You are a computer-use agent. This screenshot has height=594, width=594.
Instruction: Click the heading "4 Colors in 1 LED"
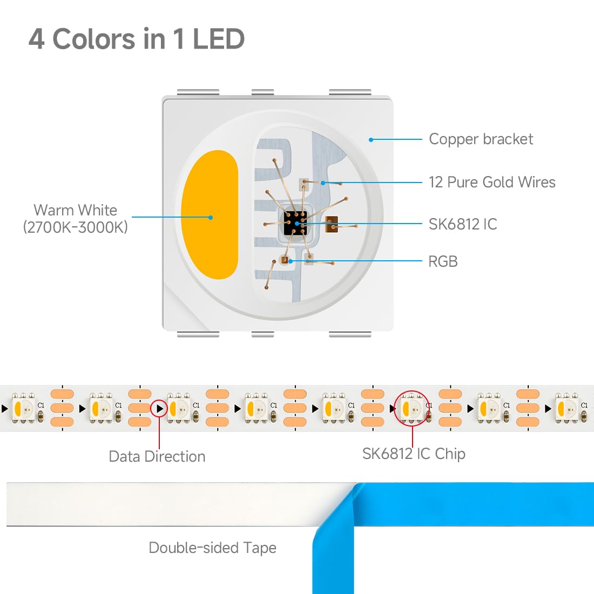pos(137,39)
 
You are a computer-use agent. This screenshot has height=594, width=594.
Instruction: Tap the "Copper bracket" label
pos(481,139)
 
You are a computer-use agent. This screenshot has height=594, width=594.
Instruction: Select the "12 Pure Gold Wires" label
pos(492,182)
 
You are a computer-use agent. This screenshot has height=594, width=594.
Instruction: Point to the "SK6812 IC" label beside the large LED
pos(463,224)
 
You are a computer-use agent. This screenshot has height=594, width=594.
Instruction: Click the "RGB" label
pos(443,261)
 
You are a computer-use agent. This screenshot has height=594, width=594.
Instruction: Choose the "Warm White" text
pos(76,210)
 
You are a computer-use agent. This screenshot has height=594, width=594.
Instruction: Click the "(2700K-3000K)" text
pos(76,227)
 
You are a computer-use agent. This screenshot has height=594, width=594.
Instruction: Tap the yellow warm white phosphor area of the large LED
pos(210,214)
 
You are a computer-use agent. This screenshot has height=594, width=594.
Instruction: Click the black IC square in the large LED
pos(295,222)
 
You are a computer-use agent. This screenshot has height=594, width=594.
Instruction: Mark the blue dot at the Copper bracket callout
pos(371,140)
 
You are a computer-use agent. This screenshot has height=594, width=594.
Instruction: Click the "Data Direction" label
pos(157,456)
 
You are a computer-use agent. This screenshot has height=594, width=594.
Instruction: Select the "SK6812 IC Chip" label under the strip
pos(414,454)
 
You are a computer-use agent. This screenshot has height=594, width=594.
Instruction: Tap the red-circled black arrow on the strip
pos(160,409)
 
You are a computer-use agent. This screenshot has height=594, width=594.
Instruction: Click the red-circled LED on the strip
pos(412,408)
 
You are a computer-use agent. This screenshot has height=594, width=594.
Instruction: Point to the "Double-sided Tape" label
pos(213,548)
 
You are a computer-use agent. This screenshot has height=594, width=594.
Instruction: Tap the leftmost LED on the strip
pos(23,408)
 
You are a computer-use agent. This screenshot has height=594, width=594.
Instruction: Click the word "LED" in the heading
pos(219,39)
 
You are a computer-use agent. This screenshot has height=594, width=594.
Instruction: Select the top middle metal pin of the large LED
pos(262,92)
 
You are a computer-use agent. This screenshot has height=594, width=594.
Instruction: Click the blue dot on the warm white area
pos(211,218)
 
